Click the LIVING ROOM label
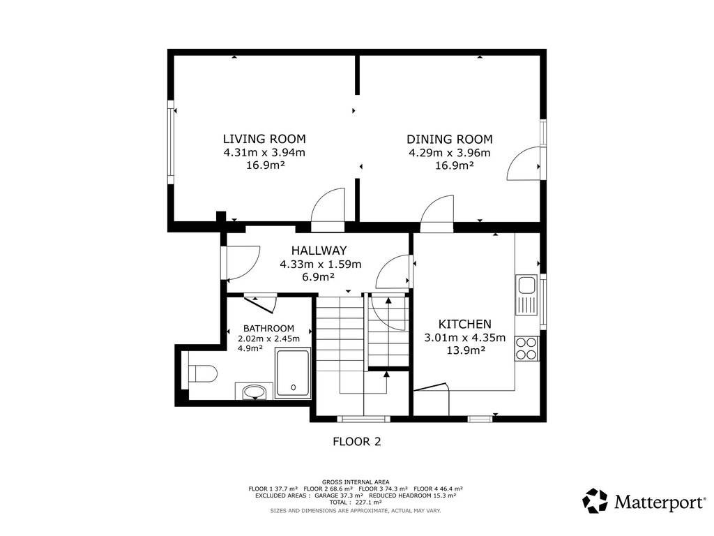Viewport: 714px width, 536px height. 264,139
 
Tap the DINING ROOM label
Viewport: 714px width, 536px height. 450,139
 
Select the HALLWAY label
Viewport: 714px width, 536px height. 319,251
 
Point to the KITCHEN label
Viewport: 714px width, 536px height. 464,324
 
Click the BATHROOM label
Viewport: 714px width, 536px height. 268,328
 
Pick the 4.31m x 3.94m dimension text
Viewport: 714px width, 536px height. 264,153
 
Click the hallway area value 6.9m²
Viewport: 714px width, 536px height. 319,276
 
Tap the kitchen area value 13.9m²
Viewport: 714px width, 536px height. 465,350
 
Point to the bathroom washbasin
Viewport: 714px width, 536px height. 254,392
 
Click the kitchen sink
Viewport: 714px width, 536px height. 527,295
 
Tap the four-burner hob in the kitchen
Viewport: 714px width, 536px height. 527,349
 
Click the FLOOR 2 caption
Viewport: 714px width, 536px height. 356,441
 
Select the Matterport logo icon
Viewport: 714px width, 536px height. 595,501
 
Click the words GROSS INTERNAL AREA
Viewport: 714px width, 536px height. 356,482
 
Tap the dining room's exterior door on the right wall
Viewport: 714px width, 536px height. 524,163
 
